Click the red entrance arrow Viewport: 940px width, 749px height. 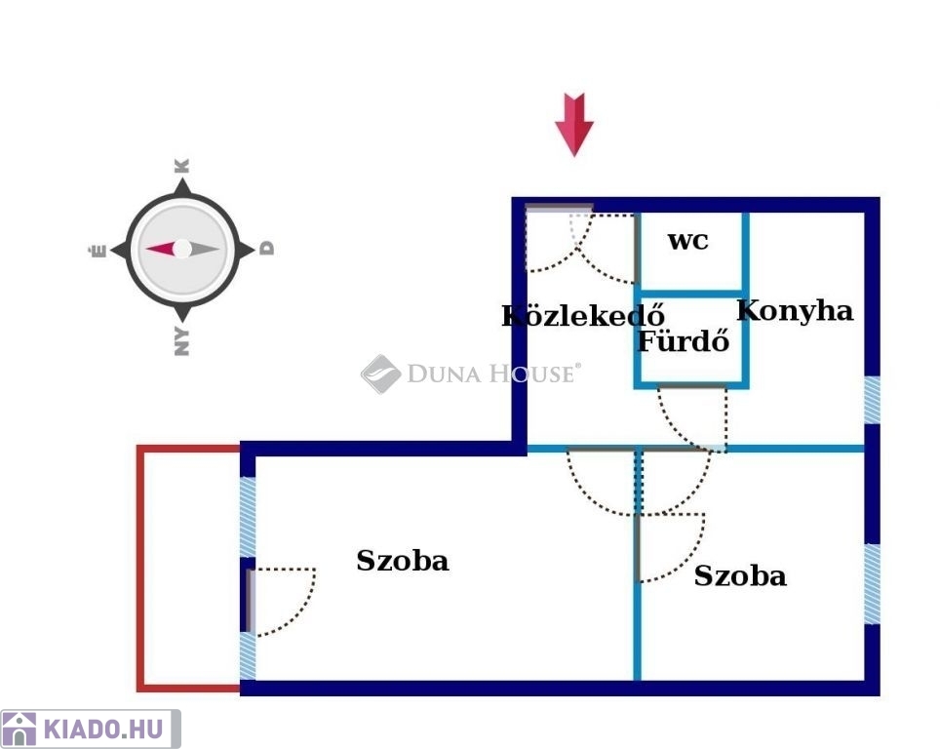574,124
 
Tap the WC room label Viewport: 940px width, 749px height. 688,241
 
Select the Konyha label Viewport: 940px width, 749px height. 795,311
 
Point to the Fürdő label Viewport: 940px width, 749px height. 684,340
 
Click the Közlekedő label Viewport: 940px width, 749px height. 583,315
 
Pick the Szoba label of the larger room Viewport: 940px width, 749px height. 403,561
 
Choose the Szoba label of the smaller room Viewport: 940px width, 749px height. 740,575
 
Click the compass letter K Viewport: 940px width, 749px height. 181,166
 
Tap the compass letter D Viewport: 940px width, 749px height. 267,249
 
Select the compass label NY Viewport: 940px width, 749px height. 181,341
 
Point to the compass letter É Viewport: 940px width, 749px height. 98,250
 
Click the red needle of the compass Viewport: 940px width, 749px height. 161,248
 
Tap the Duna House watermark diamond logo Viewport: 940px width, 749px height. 380,374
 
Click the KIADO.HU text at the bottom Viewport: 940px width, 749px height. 103,729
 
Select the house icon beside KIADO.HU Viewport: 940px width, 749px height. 19,729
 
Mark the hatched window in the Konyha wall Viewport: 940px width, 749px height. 873,400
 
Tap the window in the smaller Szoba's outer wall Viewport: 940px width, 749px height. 873,583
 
